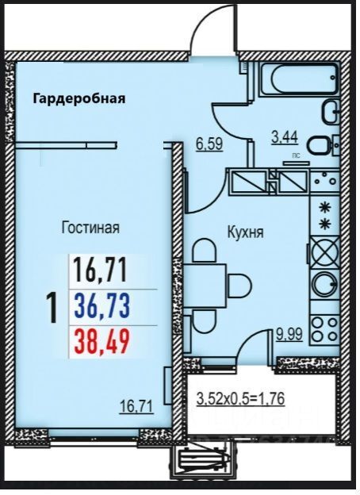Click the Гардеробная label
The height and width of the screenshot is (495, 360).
tap(79, 98)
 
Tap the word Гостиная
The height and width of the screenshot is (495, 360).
tap(90, 228)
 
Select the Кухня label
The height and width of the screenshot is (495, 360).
tap(246, 232)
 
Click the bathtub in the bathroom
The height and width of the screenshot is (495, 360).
tap(299, 79)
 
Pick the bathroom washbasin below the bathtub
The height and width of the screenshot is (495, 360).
tap(331, 112)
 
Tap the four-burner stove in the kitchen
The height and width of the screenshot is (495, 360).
tap(324, 330)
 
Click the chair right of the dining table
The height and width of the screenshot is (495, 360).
tap(240, 286)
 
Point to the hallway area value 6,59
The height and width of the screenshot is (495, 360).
tap(209, 144)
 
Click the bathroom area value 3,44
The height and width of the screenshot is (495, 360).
tap(285, 138)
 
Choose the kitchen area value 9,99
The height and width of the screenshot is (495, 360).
tap(289, 335)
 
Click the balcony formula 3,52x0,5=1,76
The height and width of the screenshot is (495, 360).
tap(240, 399)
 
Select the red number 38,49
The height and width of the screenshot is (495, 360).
tap(102, 342)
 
